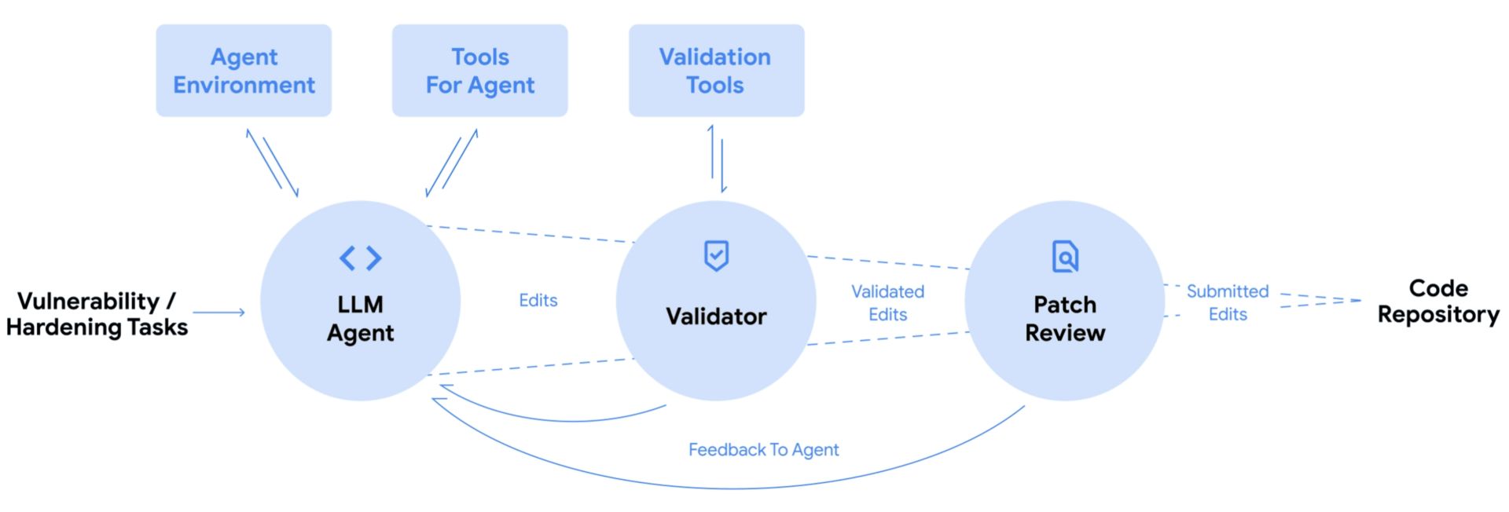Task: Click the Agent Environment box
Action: point(244,71)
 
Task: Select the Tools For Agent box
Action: point(479,71)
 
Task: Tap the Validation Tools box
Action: point(716,71)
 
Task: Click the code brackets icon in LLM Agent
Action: point(361,258)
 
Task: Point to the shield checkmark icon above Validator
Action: point(716,255)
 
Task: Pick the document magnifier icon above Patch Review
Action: point(1065,256)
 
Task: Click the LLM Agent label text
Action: point(361,318)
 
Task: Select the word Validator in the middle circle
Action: point(716,316)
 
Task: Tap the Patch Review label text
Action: point(1065,318)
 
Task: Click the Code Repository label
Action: point(1438,301)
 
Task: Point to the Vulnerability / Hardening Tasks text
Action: point(97,313)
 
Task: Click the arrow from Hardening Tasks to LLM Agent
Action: point(219,313)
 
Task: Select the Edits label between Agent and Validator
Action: point(538,300)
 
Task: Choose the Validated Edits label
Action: point(888,303)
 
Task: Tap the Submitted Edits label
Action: point(1228,303)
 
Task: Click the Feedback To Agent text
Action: point(763,450)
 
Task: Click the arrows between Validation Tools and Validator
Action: point(717,159)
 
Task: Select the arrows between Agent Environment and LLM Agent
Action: point(272,163)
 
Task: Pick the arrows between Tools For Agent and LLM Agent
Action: point(452,163)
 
